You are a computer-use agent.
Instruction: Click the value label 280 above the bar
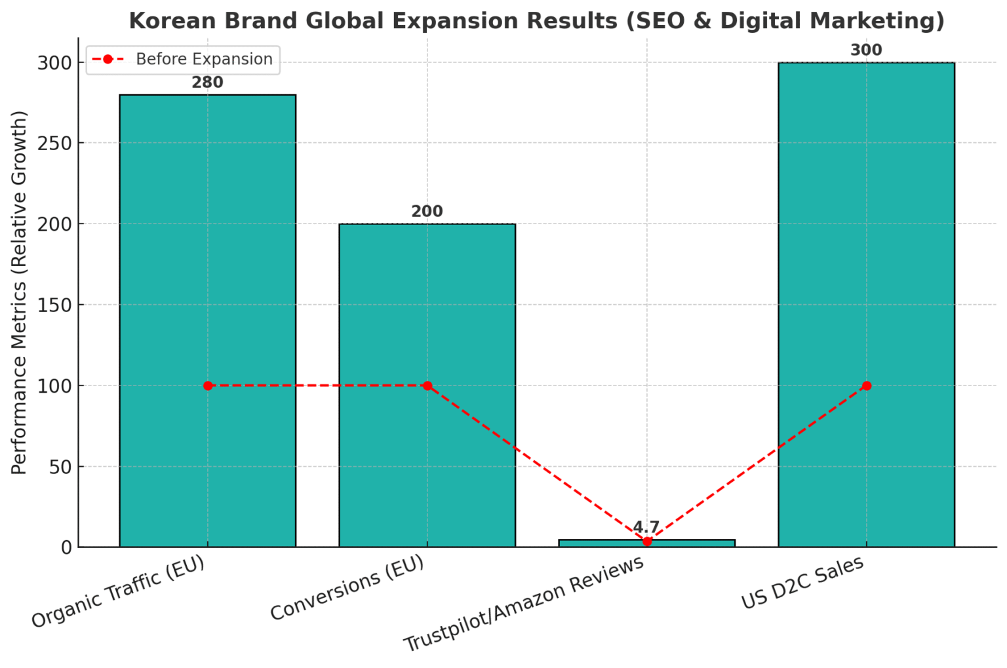point(207,83)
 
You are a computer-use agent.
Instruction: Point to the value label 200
point(427,212)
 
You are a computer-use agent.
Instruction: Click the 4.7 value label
point(646,528)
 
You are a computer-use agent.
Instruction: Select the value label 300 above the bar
point(866,50)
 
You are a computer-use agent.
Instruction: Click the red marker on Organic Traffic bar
point(208,385)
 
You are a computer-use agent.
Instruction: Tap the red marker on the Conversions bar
point(427,385)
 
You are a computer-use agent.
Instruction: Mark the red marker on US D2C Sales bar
point(867,385)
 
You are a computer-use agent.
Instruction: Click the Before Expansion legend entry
point(204,59)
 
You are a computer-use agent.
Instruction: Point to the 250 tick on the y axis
point(54,144)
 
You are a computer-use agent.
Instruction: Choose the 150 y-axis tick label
point(54,305)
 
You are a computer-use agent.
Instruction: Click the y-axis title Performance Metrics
point(20,292)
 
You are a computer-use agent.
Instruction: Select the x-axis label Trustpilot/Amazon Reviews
point(524,604)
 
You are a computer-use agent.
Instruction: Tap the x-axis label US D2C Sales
point(802,583)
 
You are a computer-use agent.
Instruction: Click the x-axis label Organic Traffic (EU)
point(119,591)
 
